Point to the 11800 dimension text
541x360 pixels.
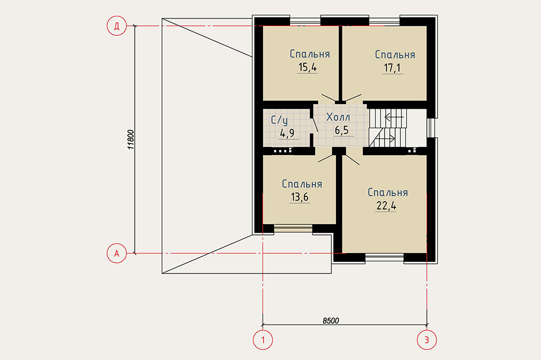click(130, 139)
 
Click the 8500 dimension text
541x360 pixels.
click(331, 321)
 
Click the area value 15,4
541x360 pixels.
click(307, 67)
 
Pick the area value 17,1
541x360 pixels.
click(393, 68)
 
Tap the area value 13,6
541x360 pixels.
click(300, 197)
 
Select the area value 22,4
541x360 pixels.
click(386, 205)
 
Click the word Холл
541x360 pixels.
click(338, 117)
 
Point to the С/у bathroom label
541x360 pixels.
click(279, 120)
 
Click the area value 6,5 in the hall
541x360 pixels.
click(342, 130)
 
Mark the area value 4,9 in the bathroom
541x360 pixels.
click(287, 133)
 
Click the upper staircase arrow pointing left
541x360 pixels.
click(394, 117)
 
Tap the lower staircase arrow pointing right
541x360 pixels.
click(385, 139)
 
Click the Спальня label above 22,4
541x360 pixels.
click(388, 193)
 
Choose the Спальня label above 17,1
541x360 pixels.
click(395, 54)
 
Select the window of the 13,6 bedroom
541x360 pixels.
click(293, 228)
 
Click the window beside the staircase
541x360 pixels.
click(430, 128)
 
